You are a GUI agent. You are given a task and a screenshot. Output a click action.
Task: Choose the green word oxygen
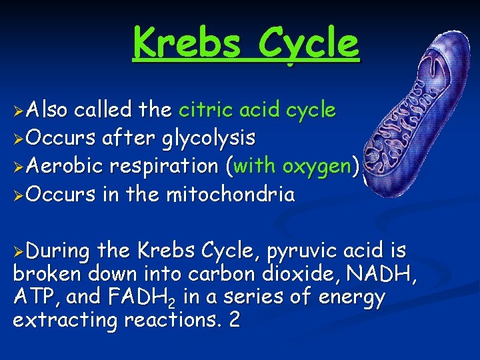point(317,166)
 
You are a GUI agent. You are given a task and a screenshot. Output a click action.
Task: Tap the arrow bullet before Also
point(19,111)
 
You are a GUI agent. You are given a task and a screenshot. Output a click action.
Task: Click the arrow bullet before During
point(19,252)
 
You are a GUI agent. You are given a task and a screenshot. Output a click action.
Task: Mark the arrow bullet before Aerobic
point(19,167)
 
